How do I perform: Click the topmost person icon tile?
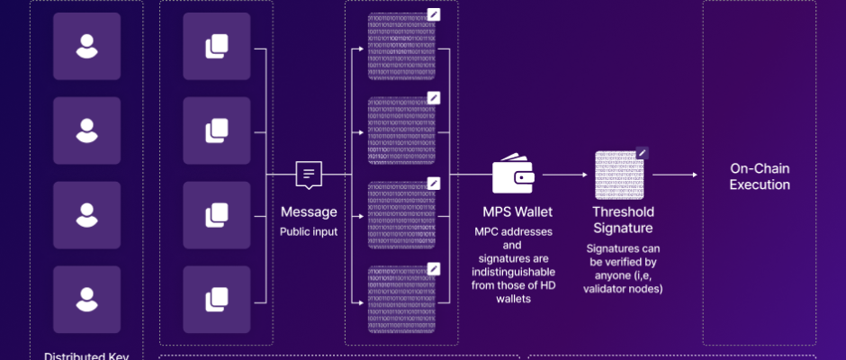coord(86,47)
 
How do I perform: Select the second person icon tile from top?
coord(86,130)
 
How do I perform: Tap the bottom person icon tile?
coord(86,299)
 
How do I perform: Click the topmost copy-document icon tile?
coord(216,47)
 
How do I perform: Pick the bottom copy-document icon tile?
coord(216,299)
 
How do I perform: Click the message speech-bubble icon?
coord(309,175)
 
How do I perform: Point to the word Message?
coord(309,212)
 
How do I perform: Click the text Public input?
coord(309,231)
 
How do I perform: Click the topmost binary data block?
coord(401,47)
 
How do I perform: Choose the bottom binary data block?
coord(401,299)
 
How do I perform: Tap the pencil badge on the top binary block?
coord(434,14)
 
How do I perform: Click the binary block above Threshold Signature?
coord(618,176)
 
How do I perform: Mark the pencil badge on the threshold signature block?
coord(642,153)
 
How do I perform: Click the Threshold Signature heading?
coord(622,220)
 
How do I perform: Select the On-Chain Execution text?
coord(760,176)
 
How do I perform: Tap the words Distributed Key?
coord(86,355)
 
